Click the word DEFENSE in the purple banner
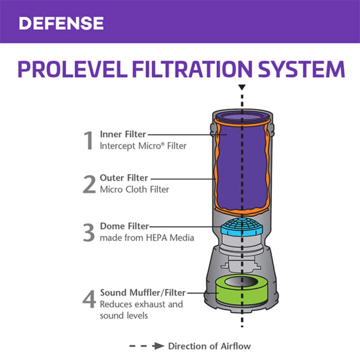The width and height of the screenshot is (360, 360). coord(61,23)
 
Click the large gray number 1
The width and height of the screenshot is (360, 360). coord(89,141)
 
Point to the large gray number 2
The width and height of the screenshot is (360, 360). coord(89,184)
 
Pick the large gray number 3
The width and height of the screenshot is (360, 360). coord(89,233)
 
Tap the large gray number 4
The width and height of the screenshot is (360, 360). coord(89,299)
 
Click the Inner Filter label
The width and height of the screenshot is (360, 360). coord(123,134)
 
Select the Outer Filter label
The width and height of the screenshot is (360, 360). coord(124,178)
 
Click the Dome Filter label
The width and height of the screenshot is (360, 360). coord(124,226)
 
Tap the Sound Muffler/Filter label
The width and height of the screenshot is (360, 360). coord(143,293)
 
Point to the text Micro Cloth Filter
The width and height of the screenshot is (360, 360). coord(134,190)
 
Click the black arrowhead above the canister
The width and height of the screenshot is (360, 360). coord(242,88)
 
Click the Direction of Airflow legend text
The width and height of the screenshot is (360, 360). coord(209,346)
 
